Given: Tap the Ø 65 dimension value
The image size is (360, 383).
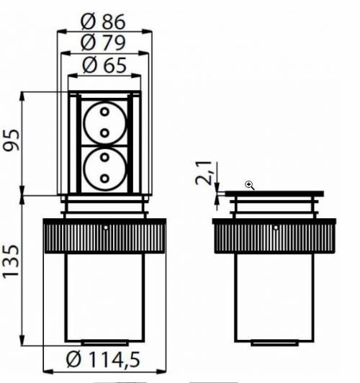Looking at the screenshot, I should click(x=105, y=66).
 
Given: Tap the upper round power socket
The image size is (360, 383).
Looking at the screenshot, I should click(x=104, y=123).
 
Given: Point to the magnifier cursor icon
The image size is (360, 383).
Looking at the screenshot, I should click(x=250, y=185).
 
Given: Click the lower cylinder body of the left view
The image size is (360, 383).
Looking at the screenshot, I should click(x=105, y=295).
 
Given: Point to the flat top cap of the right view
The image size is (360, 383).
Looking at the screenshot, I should click(x=274, y=194).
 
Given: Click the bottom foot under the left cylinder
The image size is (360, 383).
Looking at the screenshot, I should click(x=105, y=343).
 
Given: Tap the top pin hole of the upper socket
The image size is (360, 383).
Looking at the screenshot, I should click(x=104, y=114).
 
